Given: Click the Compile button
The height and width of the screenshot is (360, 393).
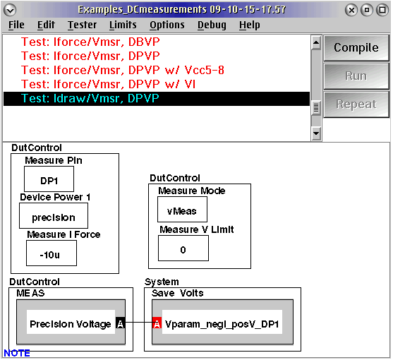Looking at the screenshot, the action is (356, 48).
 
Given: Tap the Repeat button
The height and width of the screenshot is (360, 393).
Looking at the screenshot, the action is (356, 104).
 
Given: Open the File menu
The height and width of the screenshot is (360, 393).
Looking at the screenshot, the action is (16, 25).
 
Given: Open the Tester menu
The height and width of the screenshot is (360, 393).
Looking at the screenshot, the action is (83, 25).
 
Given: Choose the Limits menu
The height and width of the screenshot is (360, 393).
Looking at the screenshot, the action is (123, 25).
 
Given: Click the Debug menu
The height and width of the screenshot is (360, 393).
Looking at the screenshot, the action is (212, 25).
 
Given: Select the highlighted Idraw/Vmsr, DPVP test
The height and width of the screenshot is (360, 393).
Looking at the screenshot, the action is (90, 98).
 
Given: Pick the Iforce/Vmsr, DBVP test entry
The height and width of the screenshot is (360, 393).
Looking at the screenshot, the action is (90, 42).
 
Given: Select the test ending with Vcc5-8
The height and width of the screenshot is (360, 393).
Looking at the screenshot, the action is (123, 70).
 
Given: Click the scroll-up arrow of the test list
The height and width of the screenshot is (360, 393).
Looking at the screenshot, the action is (316, 43).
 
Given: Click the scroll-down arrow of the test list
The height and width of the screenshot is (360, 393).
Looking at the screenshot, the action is (316, 133).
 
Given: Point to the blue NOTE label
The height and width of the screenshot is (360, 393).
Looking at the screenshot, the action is (17, 353).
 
